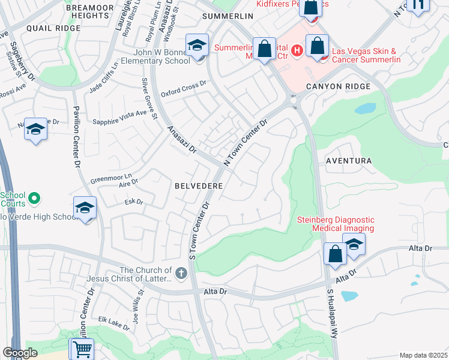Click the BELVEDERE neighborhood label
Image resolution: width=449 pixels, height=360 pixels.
tap(199, 187)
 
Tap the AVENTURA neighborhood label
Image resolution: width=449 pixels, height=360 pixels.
tap(349, 161)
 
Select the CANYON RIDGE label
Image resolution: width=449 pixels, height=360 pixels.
tap(338, 86)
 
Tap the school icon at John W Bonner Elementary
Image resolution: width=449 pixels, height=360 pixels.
tap(196, 46)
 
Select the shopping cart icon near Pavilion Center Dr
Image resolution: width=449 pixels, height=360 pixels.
tap(82, 348)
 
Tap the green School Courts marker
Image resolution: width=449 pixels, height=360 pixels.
tap(35, 197)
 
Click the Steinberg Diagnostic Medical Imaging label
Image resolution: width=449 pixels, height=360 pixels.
tap(336, 224)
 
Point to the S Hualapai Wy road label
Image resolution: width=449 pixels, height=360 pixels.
tap(330, 312)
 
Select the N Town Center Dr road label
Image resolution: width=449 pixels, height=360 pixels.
tap(245, 142)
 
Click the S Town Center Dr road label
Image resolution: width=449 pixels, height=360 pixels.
tap(199, 228)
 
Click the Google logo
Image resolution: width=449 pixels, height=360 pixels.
tap(20, 353)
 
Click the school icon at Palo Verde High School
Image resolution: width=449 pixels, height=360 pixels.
tap(85, 208)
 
